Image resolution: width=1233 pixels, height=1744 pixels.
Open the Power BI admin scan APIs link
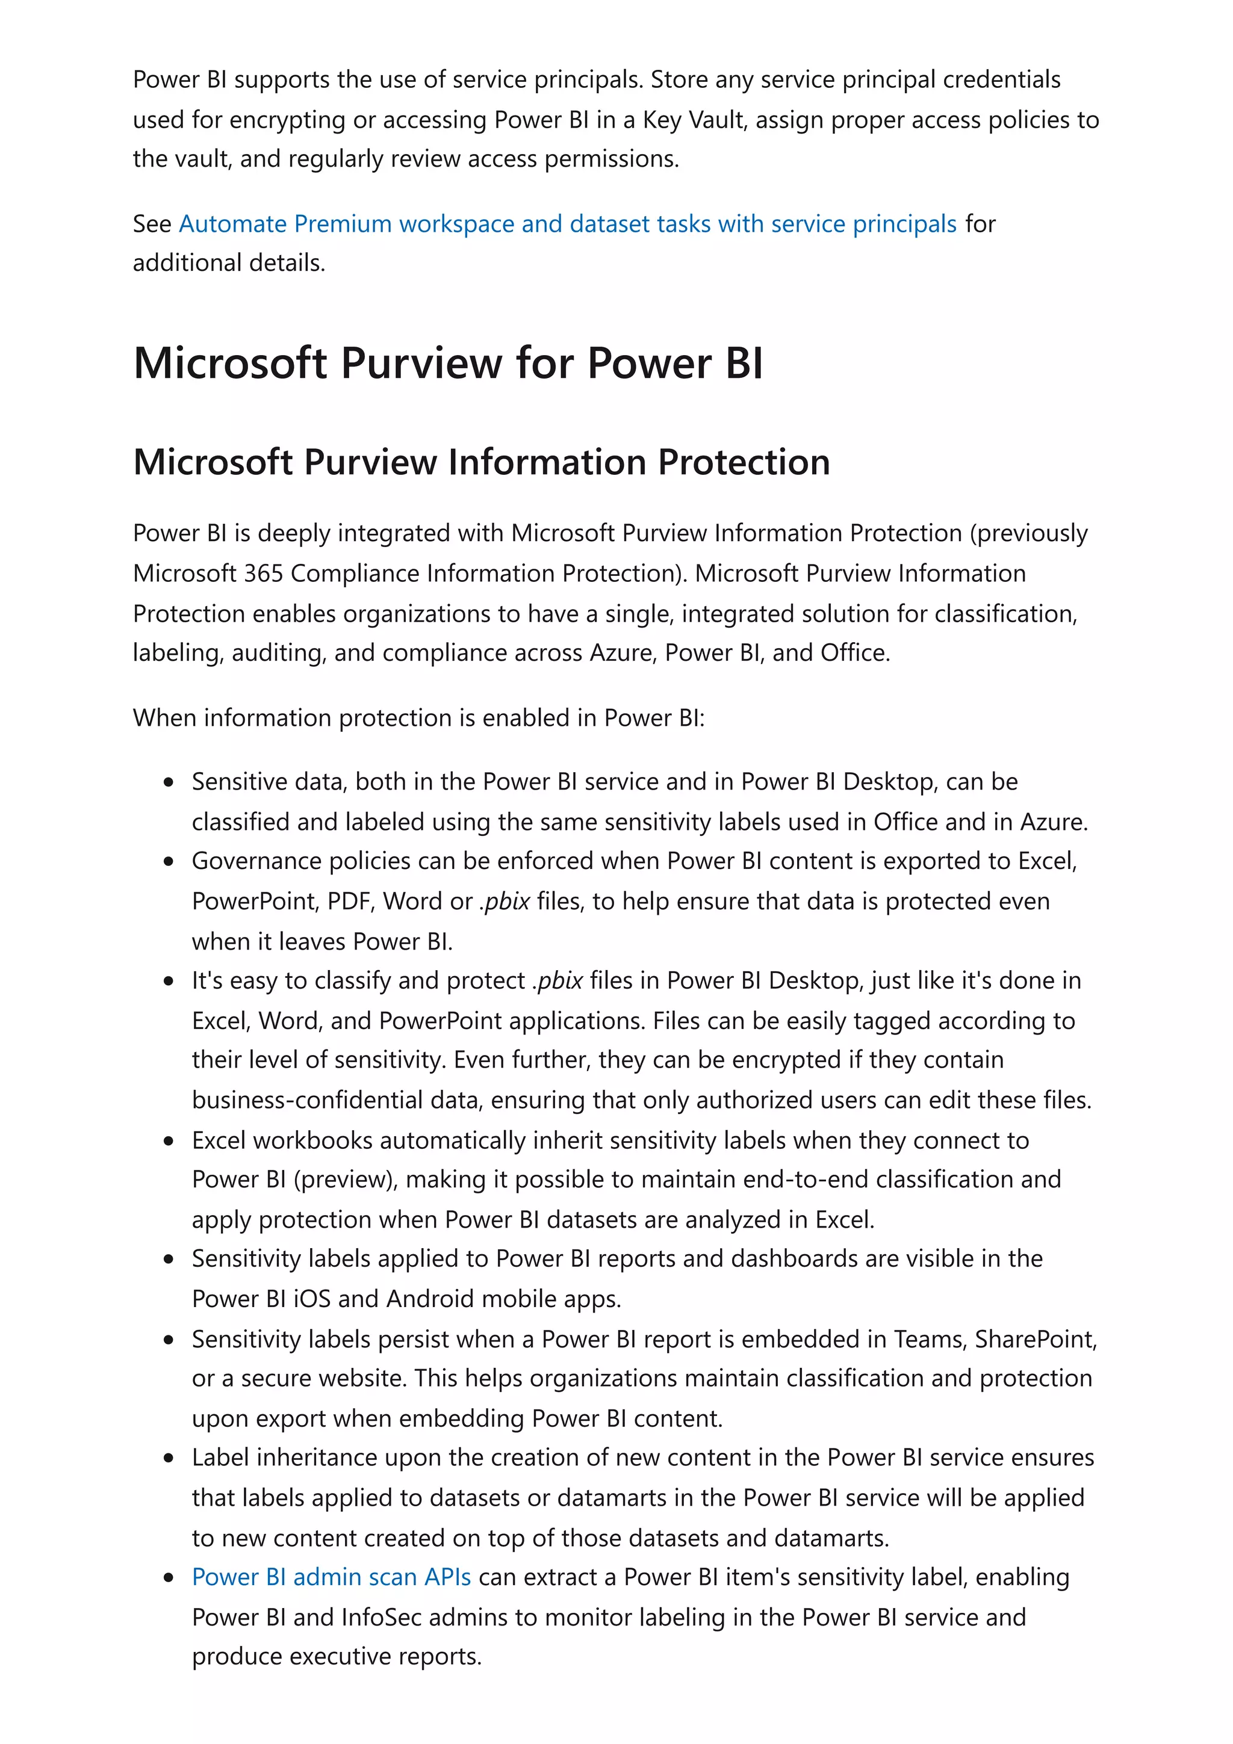click(331, 1577)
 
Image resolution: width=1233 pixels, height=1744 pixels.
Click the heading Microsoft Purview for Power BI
click(447, 363)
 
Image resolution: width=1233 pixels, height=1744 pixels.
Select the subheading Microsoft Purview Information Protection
click(481, 462)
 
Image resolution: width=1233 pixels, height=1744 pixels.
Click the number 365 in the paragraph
click(264, 574)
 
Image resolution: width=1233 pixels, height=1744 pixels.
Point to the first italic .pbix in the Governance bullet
click(505, 901)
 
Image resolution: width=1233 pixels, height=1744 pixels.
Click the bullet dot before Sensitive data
click(169, 782)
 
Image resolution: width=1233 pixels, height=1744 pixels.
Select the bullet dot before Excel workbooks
click(169, 1141)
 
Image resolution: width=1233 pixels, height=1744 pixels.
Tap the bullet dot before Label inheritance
click(169, 1458)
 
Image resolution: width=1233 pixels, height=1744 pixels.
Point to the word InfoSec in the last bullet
click(380, 1617)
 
